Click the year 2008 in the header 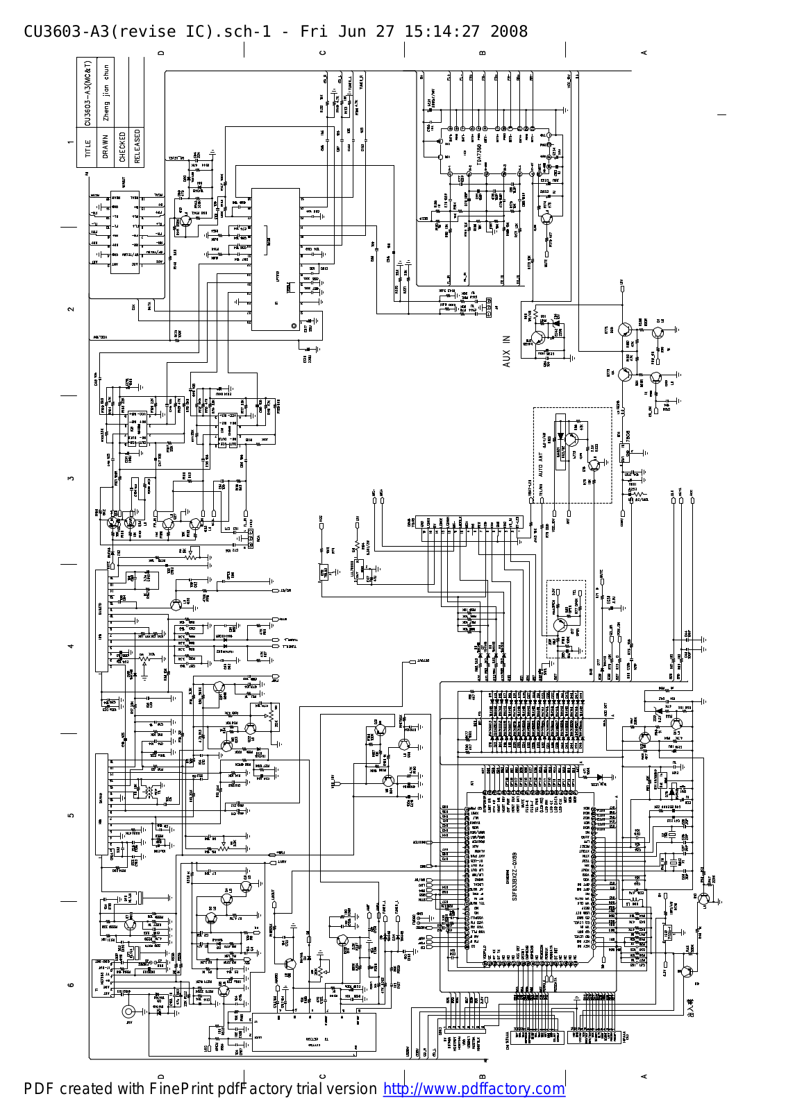click(x=509, y=31)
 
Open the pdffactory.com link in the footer click(x=474, y=1088)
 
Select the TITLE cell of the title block click(x=87, y=148)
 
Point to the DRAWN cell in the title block click(x=105, y=146)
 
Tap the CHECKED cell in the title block click(x=122, y=146)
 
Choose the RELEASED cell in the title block click(x=137, y=146)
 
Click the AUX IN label click(x=507, y=351)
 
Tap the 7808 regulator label click(x=627, y=439)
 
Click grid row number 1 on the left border click(x=71, y=143)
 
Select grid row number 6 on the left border click(x=71, y=984)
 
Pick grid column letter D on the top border click(x=161, y=52)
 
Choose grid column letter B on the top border click(x=483, y=52)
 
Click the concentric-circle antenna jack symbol click(x=128, y=1012)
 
